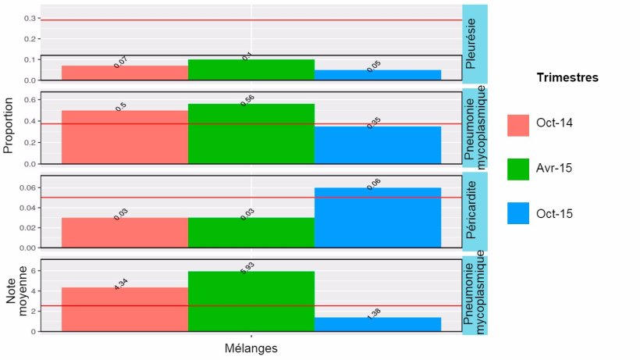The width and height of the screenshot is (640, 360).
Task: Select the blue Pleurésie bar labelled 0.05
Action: [378, 75]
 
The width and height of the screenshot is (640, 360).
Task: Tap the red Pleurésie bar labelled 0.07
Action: [125, 73]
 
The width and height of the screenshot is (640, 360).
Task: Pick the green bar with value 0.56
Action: [251, 134]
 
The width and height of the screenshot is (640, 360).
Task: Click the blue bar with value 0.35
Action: [378, 145]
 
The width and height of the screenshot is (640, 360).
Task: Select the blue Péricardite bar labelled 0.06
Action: [378, 218]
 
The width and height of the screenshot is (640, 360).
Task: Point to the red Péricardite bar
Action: [125, 233]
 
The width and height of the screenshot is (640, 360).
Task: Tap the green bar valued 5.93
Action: [251, 301]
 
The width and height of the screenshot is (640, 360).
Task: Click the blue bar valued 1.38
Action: [378, 324]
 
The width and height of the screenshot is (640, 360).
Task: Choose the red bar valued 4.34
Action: [125, 309]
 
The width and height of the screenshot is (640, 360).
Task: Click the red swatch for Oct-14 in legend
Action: [518, 125]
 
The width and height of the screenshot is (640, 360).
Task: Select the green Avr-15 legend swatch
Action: [518, 169]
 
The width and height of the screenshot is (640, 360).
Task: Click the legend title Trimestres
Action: [567, 78]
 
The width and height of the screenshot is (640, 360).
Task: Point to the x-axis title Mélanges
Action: [251, 348]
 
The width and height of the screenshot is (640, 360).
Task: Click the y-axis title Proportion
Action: [9, 125]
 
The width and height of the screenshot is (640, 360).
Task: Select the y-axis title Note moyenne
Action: [17, 297]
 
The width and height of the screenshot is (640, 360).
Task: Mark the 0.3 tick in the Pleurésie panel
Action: [29, 18]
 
